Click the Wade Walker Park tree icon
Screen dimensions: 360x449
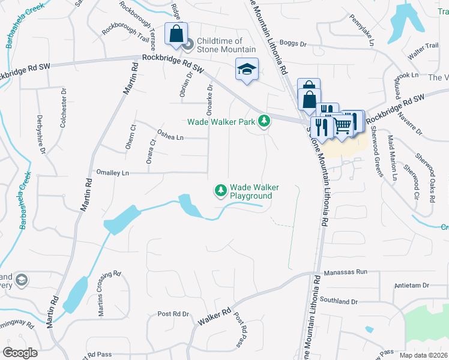coord(264,121)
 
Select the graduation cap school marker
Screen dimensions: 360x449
coord(247,70)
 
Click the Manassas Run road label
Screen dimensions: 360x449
coord(345,272)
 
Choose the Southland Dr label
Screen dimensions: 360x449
coord(339,301)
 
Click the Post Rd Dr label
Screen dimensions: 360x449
coord(173,314)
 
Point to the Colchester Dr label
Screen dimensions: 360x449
coord(63,107)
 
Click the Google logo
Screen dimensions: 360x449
coord(20,352)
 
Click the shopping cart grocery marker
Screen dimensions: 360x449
coord(342,125)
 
